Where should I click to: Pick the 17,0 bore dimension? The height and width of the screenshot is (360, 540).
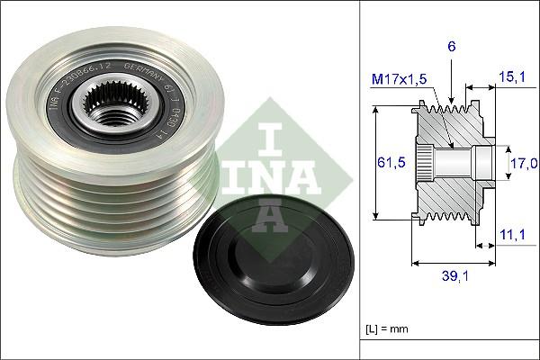pos(523,163)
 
